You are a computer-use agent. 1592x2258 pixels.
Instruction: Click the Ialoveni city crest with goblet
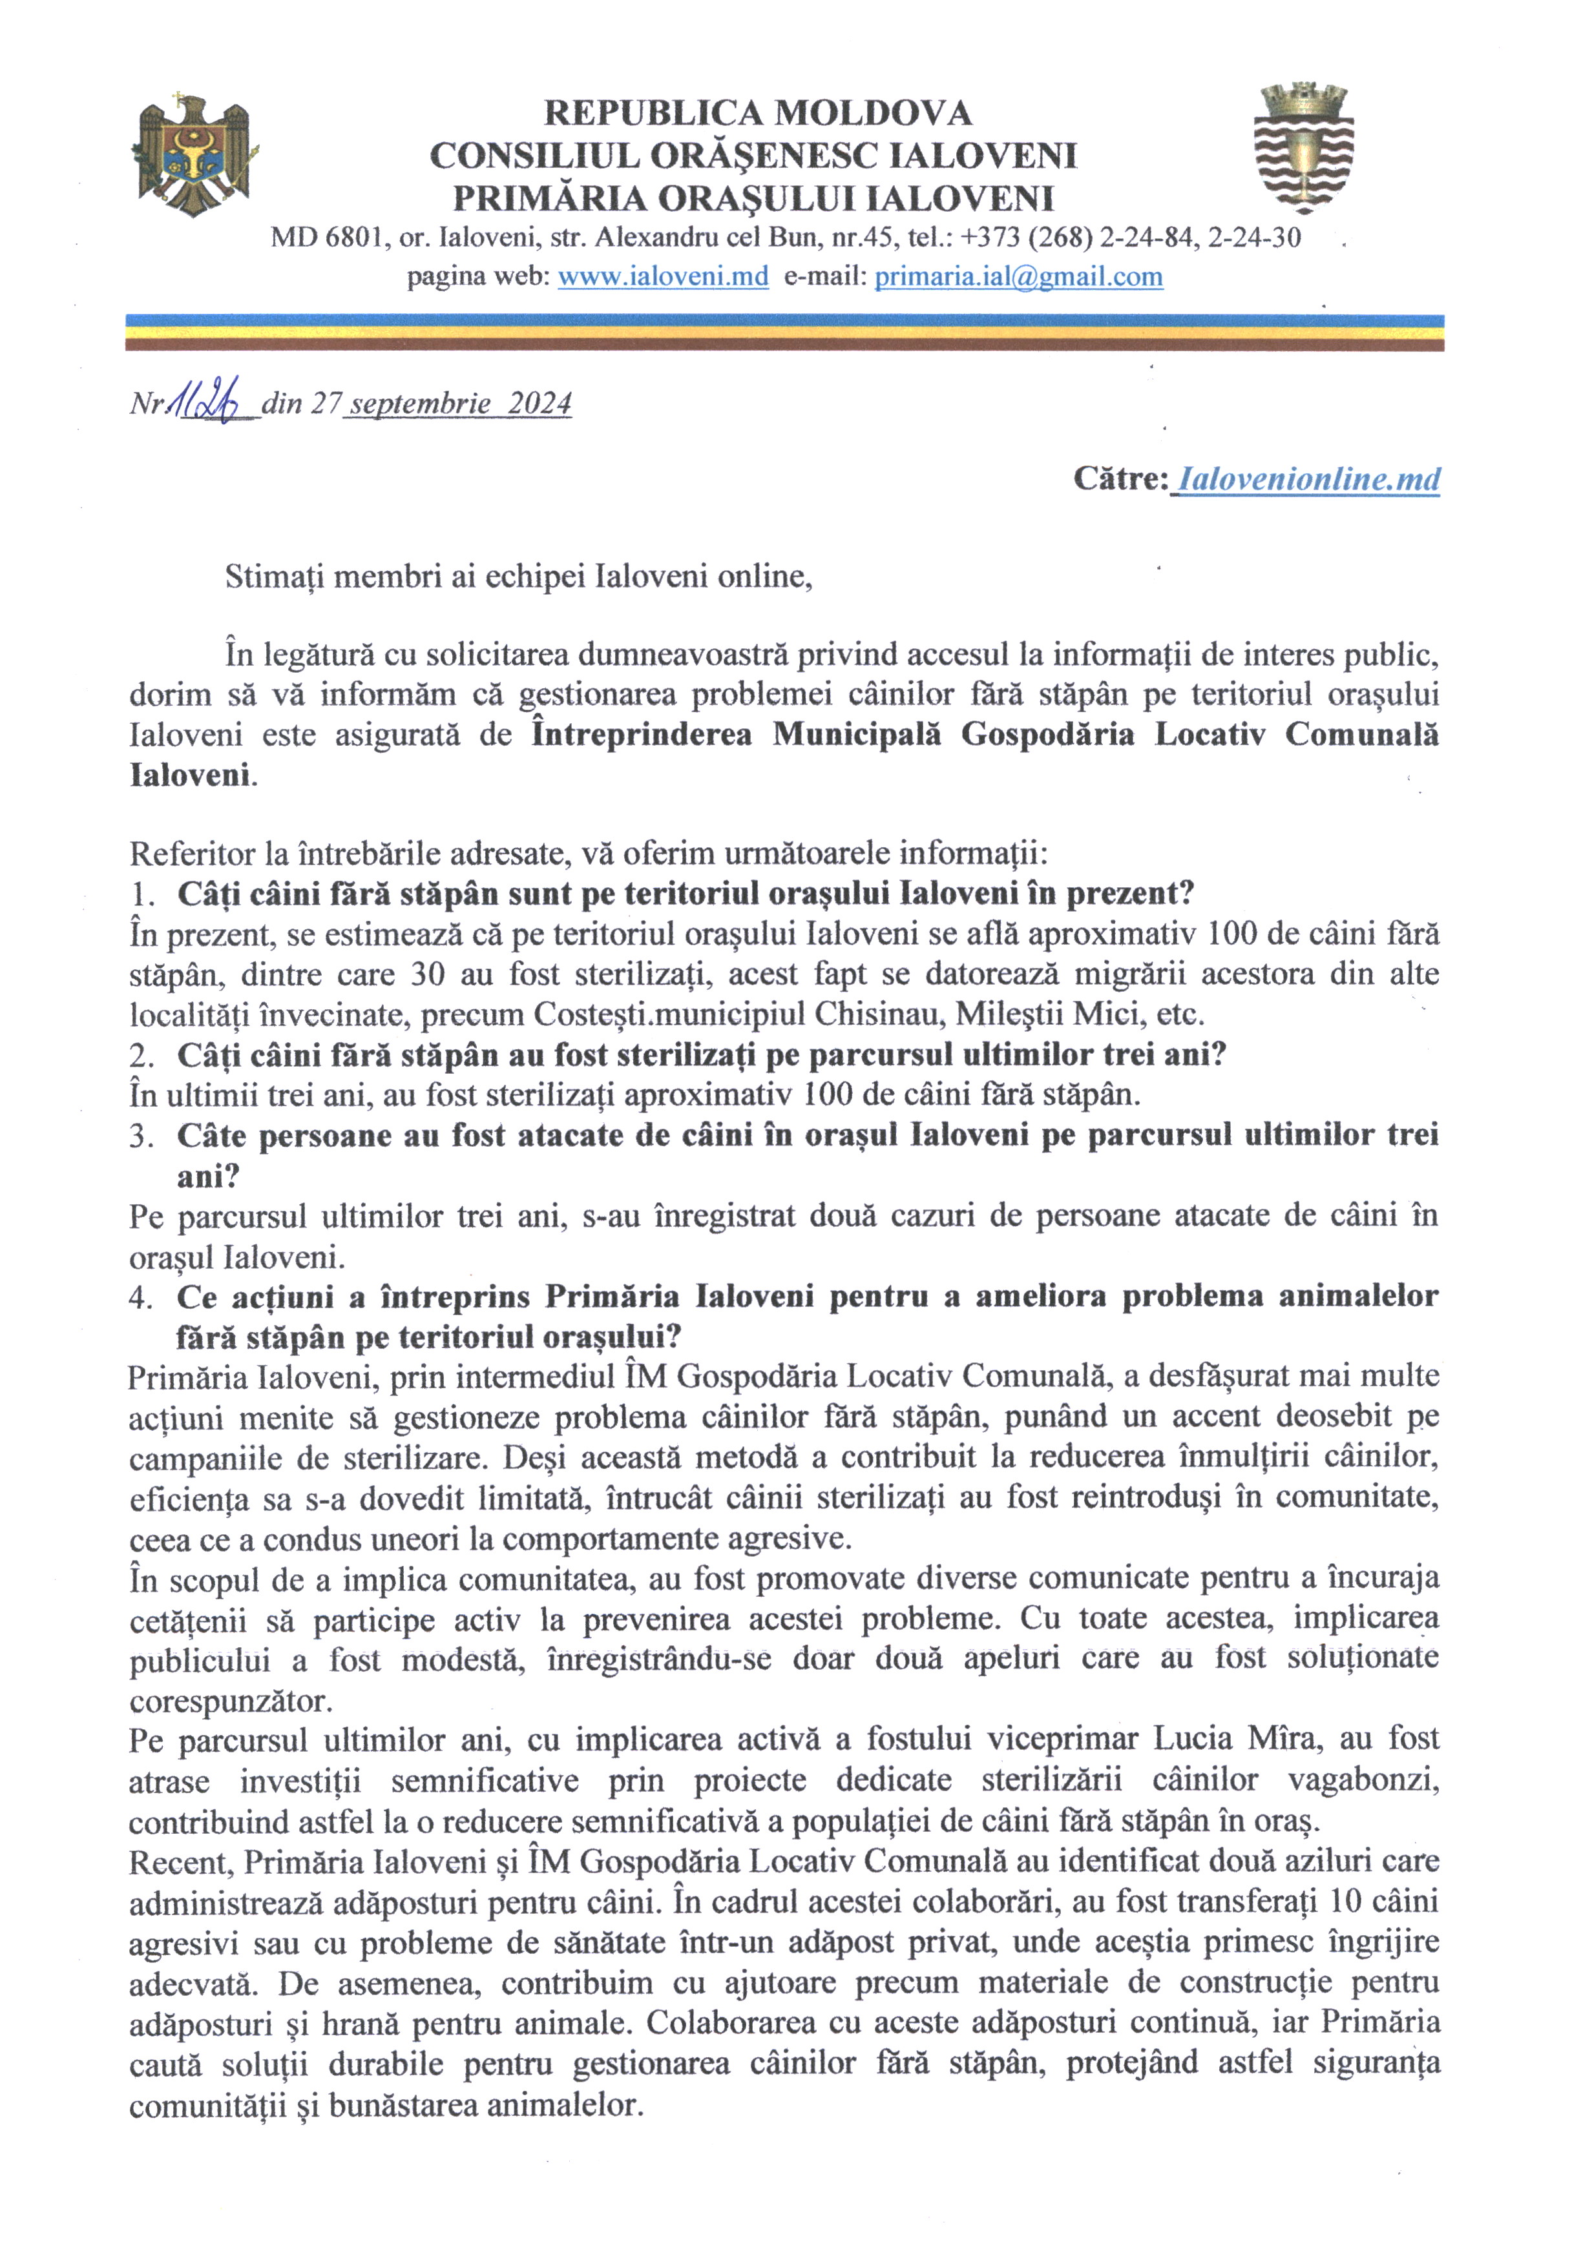click(x=1304, y=150)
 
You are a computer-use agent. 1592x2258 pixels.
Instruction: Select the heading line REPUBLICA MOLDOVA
click(x=758, y=113)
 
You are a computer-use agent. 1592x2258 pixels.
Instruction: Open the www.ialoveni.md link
click(x=662, y=278)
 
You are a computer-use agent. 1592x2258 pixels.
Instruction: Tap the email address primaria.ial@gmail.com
click(x=1018, y=278)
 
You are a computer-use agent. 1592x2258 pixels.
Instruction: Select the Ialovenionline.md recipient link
click(x=1308, y=479)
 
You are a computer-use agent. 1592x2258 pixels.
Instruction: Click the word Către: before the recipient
click(x=1120, y=479)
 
